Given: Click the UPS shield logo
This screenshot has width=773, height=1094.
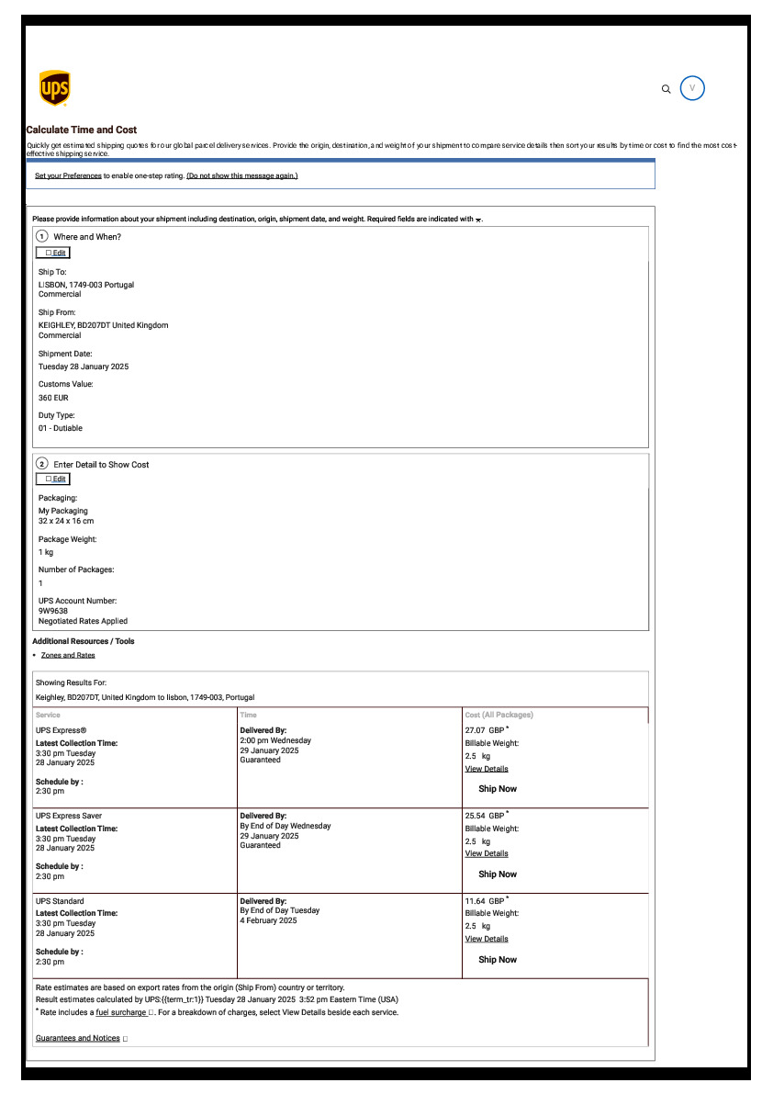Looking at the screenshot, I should click(55, 88).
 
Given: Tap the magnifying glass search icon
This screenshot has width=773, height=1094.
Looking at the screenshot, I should click(667, 89).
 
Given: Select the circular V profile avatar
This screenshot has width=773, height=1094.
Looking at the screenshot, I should click(692, 88).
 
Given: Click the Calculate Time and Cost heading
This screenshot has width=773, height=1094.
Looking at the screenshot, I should click(82, 130).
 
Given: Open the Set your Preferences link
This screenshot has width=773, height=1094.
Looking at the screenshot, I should click(68, 175).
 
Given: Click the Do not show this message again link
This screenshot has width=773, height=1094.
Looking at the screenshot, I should click(242, 175).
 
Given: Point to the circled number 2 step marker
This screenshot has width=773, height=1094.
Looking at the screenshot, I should click(42, 464).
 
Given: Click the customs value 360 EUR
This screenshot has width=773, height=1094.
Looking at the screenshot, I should click(53, 398).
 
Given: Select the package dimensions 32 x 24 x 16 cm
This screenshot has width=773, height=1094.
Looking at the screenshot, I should click(66, 521).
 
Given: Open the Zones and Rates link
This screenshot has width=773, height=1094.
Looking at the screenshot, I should click(68, 655).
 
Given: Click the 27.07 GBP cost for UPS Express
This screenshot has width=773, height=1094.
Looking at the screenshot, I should click(484, 730).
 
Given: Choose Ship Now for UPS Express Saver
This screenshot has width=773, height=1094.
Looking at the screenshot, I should click(498, 874).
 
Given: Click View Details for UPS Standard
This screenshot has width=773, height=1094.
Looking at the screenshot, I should click(487, 939).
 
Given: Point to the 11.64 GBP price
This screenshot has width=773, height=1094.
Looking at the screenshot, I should click(484, 901).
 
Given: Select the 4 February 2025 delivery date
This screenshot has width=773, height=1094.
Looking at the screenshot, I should click(268, 920).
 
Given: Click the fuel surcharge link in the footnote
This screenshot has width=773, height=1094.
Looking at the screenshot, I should click(121, 1012).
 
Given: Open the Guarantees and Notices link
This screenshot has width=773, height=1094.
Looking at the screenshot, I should click(78, 1038).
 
